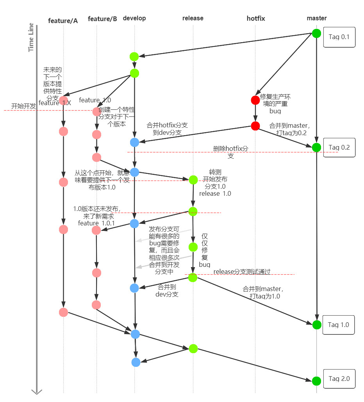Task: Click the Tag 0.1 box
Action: click(x=339, y=38)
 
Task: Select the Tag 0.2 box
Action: click(x=339, y=147)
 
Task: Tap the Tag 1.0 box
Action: click(x=338, y=325)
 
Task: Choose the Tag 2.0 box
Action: click(x=339, y=379)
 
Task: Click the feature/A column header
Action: click(x=63, y=21)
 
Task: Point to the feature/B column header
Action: click(x=102, y=19)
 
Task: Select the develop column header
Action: click(x=134, y=18)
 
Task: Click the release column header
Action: click(x=193, y=18)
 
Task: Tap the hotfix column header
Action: click(x=255, y=18)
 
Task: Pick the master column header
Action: click(x=317, y=18)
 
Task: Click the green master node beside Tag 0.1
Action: click(x=316, y=33)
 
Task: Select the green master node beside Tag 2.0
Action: click(x=316, y=381)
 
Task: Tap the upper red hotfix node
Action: click(x=255, y=100)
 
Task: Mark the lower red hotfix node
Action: click(x=255, y=126)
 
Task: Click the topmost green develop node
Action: click(x=134, y=56)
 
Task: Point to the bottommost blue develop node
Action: click(x=136, y=362)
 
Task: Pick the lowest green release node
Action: click(x=193, y=348)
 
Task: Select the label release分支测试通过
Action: click(x=242, y=272)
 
